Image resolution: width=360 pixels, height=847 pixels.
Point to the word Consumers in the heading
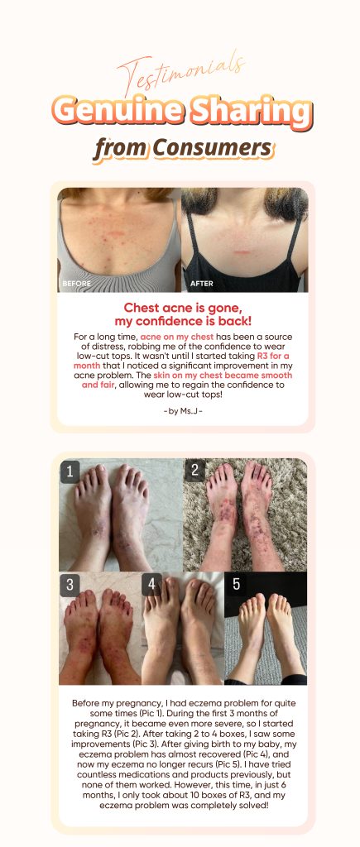(x=213, y=147)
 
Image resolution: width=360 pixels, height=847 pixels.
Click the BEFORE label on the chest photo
(x=77, y=283)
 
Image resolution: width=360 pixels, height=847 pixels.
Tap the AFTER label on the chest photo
(x=202, y=283)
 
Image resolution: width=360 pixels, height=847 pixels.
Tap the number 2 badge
(x=194, y=471)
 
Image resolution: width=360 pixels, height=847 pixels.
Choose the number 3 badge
(x=70, y=585)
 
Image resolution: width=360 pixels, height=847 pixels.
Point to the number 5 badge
(x=235, y=585)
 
